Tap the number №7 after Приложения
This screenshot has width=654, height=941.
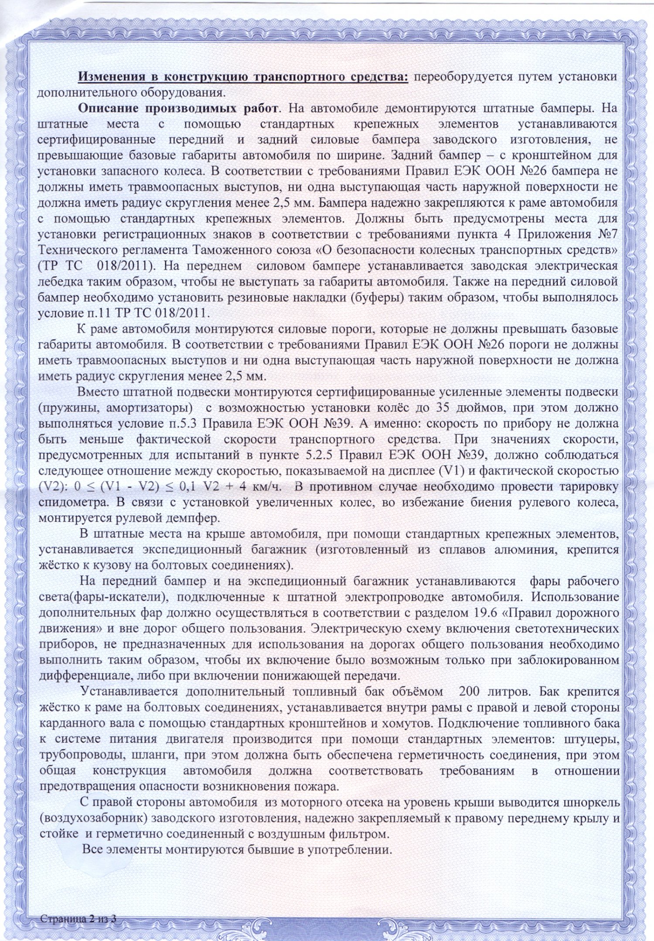(x=607, y=234)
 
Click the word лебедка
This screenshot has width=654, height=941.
(x=55, y=282)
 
